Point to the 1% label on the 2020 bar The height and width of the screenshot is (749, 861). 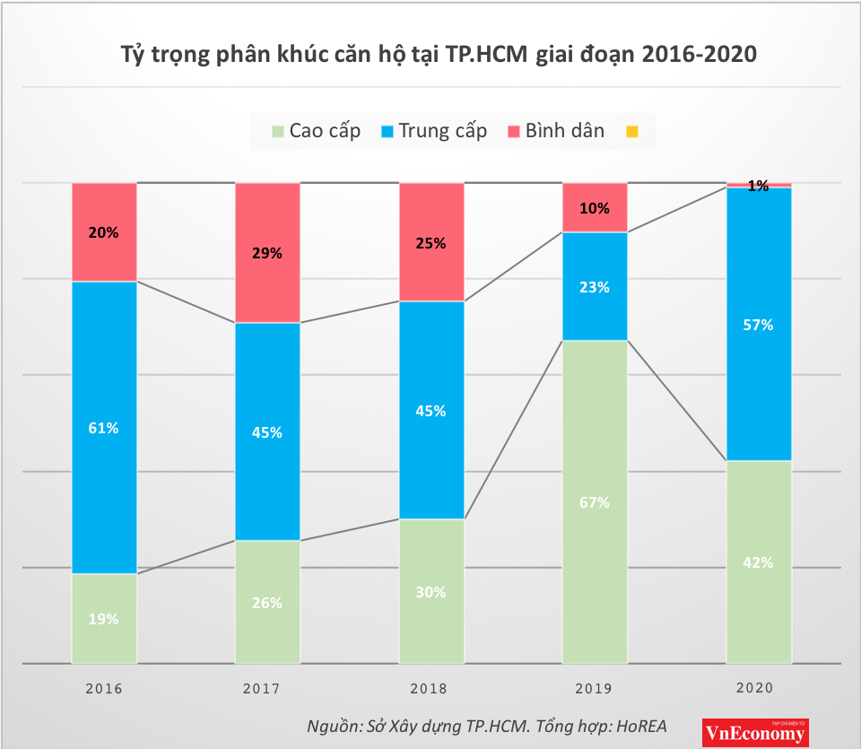pyautogui.click(x=758, y=187)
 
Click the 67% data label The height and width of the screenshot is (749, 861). pyautogui.click(x=595, y=502)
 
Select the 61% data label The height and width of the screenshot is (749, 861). pyautogui.click(x=104, y=428)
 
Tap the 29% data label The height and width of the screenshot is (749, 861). pyautogui.click(x=267, y=253)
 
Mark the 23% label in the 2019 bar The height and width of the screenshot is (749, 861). pyautogui.click(x=595, y=287)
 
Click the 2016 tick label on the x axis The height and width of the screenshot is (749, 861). pyautogui.click(x=104, y=689)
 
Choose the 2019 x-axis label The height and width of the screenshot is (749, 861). pyautogui.click(x=595, y=689)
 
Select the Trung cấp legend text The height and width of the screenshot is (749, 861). pyautogui.click(x=443, y=131)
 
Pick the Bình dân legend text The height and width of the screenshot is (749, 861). pyautogui.click(x=565, y=131)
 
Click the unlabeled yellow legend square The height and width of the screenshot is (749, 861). pyautogui.click(x=632, y=131)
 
